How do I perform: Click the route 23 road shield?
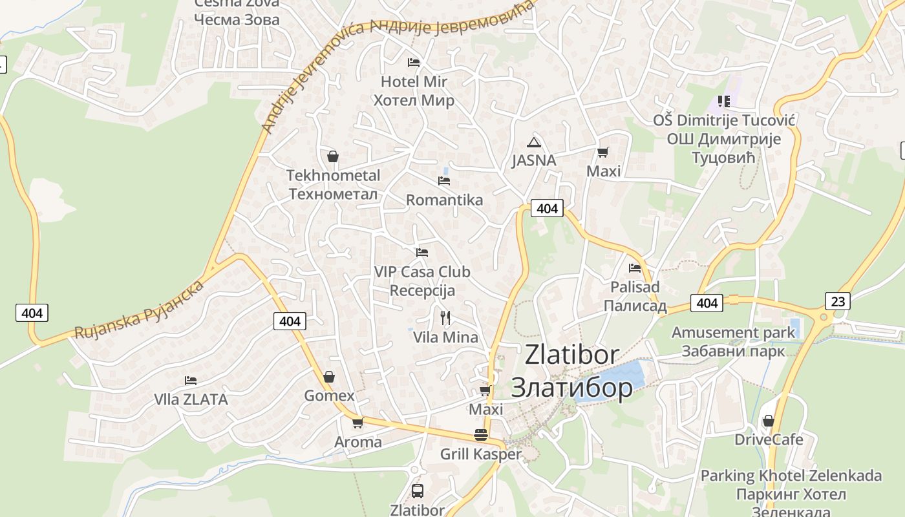coord(838,301)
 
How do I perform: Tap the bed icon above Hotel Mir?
coord(414,63)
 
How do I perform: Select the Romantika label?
coord(444,200)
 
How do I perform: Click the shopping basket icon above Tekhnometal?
coord(332,156)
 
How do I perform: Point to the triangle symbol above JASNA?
coord(533,142)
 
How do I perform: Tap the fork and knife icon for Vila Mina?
coord(445,317)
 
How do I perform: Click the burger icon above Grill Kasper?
coord(480,435)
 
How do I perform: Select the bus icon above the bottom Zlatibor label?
coord(418,491)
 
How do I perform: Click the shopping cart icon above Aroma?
coord(357,423)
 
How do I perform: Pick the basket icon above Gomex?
coord(329,377)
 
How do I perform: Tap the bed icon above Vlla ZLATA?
coord(190,381)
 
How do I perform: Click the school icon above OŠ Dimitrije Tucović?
coord(723,101)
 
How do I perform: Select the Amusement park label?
coord(733,333)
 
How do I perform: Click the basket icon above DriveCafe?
coord(768,421)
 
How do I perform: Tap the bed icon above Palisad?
coord(635,268)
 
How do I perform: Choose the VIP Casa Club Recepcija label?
coord(422,281)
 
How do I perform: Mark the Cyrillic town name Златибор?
coord(571,387)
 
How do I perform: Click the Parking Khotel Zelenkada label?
coord(791,476)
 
